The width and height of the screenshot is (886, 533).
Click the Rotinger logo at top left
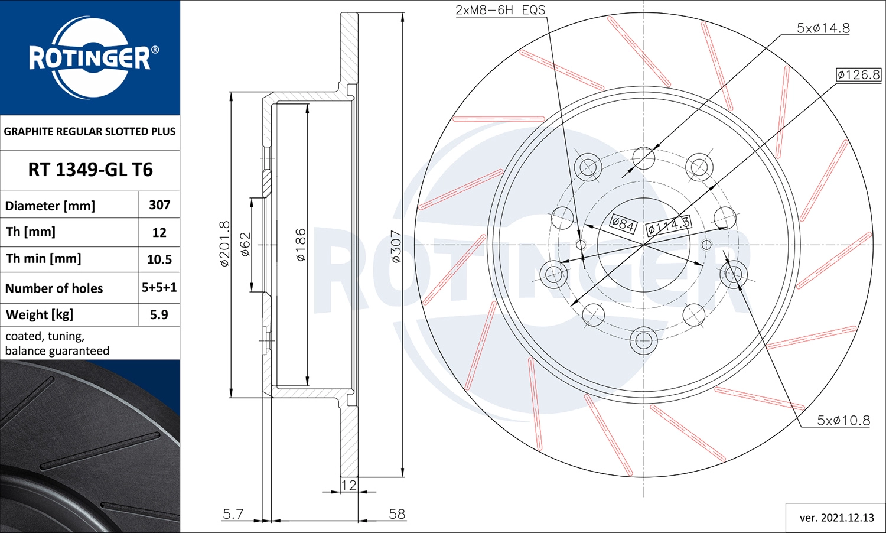[x=90, y=57]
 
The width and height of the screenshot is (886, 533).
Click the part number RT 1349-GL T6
[x=90, y=170]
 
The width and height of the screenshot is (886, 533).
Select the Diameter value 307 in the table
[x=159, y=205]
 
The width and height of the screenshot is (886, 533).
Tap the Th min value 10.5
[x=159, y=259]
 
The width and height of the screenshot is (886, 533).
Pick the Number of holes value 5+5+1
[x=159, y=288]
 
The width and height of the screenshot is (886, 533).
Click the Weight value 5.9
[x=159, y=314]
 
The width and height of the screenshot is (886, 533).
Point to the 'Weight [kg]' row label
[x=40, y=314]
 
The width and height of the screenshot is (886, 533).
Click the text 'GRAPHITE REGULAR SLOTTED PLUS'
[x=90, y=131]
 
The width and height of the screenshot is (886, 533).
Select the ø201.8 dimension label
[x=224, y=243]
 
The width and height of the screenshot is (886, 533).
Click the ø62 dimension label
[x=246, y=244]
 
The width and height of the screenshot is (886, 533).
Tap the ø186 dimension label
[x=301, y=245]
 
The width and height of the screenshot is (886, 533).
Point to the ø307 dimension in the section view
[x=396, y=246]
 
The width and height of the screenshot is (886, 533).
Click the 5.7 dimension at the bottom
[x=233, y=514]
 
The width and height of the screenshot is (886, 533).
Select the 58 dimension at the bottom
[x=397, y=514]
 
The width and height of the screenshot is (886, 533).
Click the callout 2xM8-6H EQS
[x=500, y=10]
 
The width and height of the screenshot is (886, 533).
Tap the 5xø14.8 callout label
[x=823, y=28]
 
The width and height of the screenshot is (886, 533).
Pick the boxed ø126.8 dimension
[x=858, y=74]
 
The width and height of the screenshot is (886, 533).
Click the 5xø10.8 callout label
[x=843, y=420]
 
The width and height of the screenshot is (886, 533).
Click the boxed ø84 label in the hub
[x=623, y=224]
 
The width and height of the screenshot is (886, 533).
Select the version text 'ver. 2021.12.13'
[x=836, y=518]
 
